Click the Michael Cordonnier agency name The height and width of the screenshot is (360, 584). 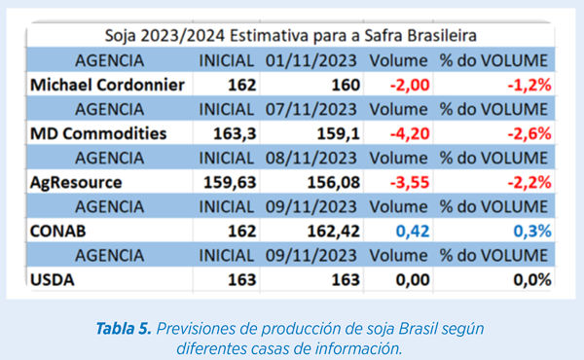click(x=107, y=85)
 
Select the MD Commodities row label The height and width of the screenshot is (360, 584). click(x=98, y=133)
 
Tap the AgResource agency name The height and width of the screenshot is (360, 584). click(x=76, y=183)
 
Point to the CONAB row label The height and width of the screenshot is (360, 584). click(x=57, y=232)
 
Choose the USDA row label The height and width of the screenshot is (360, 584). click(x=53, y=280)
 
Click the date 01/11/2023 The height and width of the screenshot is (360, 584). click(x=311, y=60)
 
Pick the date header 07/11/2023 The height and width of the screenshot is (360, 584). click(x=311, y=109)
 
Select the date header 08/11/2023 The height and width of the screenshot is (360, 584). click(x=311, y=159)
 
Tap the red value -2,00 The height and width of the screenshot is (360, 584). click(x=410, y=86)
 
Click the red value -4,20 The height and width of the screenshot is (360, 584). click(x=410, y=134)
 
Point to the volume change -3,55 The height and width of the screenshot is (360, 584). click(x=410, y=183)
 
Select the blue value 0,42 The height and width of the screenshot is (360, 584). click(x=413, y=232)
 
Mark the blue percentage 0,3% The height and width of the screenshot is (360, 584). click(x=532, y=232)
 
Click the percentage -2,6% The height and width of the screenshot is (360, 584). click(x=529, y=134)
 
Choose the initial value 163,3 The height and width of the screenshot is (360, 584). click(x=235, y=134)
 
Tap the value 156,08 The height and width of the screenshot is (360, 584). click(x=333, y=183)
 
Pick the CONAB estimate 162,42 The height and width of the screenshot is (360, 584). click(x=333, y=232)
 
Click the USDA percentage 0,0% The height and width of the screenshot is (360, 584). click(x=532, y=280)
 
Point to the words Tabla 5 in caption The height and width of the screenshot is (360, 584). click(x=124, y=329)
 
